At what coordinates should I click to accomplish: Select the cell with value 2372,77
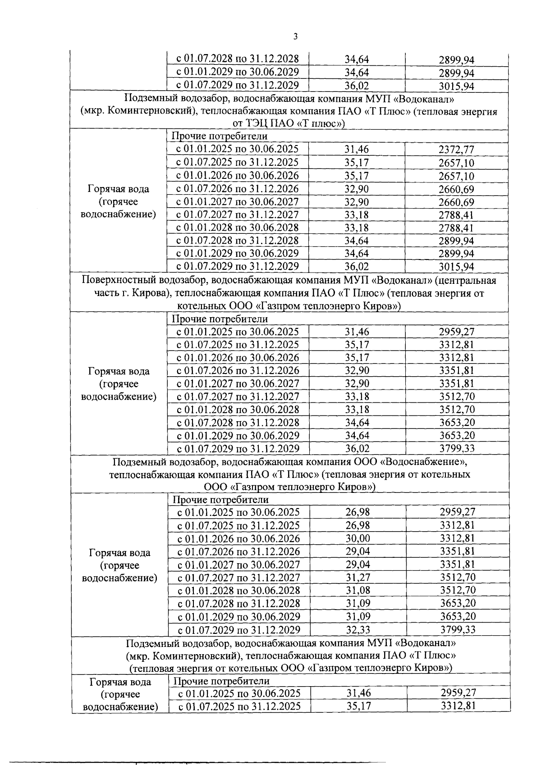[x=456, y=150]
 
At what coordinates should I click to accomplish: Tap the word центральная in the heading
[x=467, y=281]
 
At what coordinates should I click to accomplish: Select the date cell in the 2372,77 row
[x=237, y=150]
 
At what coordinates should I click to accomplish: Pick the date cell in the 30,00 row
[x=239, y=538]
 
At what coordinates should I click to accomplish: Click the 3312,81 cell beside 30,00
[x=458, y=538]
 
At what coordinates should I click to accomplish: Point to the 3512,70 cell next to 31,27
[x=458, y=578]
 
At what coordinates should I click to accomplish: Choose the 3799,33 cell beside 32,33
[x=458, y=629]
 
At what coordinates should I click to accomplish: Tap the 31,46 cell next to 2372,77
[x=357, y=150]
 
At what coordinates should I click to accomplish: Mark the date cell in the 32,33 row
[x=239, y=629]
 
